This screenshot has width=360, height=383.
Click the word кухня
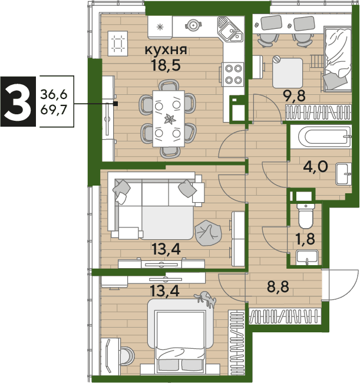tap(166, 51)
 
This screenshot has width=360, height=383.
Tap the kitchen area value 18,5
tap(166, 65)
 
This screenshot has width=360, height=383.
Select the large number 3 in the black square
tap(18, 101)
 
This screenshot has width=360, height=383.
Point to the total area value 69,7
tap(54, 110)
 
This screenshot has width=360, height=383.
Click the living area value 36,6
tap(54, 94)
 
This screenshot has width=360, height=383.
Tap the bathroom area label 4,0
tap(315, 167)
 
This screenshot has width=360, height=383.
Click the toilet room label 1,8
tap(305, 239)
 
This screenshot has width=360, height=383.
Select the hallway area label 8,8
tap(278, 286)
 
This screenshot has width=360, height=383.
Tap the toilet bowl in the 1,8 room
tap(305, 216)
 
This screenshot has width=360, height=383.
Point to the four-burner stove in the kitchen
tap(233, 74)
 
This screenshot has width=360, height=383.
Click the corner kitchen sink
tap(230, 29)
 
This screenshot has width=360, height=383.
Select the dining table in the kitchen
tap(169, 119)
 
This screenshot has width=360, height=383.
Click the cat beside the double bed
tap(206, 299)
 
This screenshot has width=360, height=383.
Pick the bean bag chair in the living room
tap(208, 233)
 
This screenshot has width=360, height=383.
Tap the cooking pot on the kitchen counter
tap(193, 25)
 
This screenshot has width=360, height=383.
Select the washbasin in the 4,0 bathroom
tap(344, 174)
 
